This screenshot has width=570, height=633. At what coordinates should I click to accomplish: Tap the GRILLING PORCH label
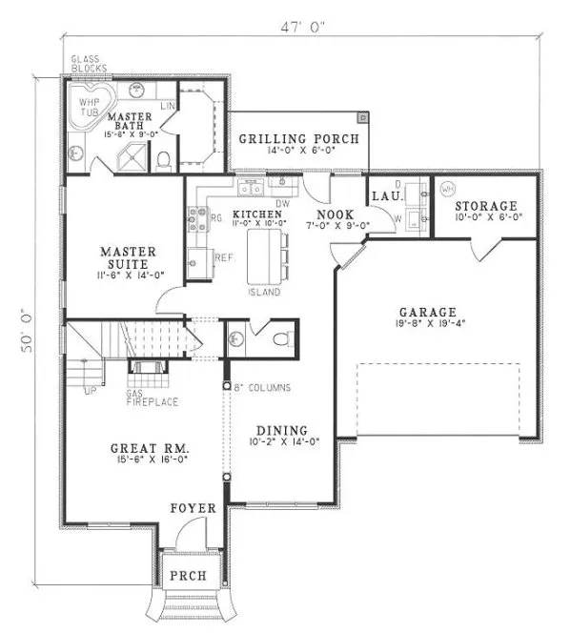[298, 139]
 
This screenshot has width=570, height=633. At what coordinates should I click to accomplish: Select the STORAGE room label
[485, 205]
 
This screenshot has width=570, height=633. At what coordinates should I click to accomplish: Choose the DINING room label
[280, 429]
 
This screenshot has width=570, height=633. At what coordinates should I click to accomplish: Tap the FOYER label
[194, 508]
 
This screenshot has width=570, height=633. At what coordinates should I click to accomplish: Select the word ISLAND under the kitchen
[264, 292]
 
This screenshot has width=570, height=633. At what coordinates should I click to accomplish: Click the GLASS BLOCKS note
[88, 65]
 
